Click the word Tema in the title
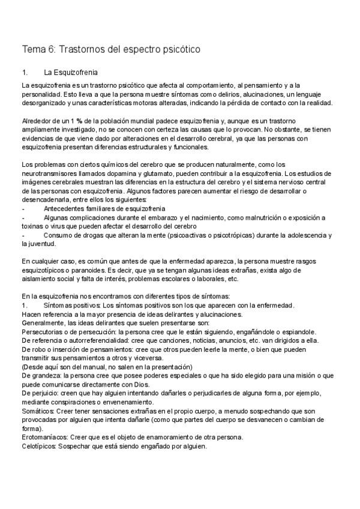click(33, 49)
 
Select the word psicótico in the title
click(179, 49)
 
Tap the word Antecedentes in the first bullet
click(65, 208)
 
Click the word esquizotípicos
click(46, 271)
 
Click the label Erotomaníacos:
click(46, 438)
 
